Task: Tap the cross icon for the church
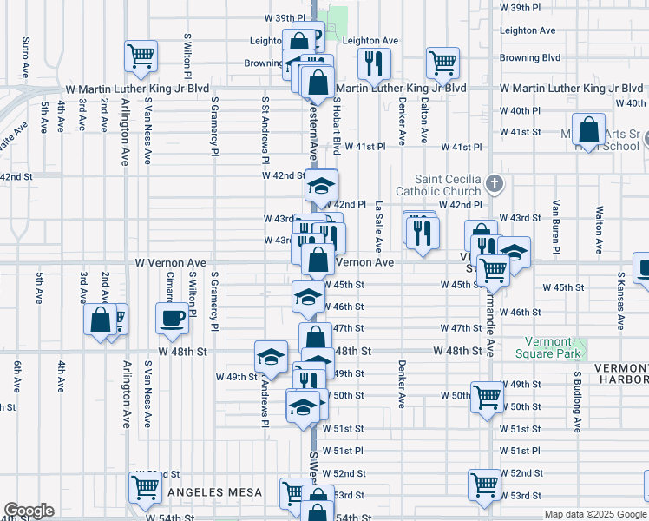pyautogui.click(x=494, y=184)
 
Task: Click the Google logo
pyautogui.click(x=29, y=511)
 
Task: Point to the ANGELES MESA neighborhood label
pyautogui.click(x=214, y=492)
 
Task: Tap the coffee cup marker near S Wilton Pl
pyautogui.click(x=171, y=318)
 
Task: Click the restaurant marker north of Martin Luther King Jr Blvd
pyautogui.click(x=375, y=62)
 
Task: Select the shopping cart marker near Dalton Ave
pyautogui.click(x=442, y=62)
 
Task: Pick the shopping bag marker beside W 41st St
pyautogui.click(x=589, y=129)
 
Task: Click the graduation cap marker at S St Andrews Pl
pyautogui.click(x=271, y=357)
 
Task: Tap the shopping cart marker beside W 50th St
pyautogui.click(x=487, y=397)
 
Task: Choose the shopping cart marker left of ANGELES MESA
pyautogui.click(x=144, y=488)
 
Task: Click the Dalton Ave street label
pyautogui.click(x=424, y=120)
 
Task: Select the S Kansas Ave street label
pyautogui.click(x=621, y=301)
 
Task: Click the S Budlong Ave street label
pyautogui.click(x=576, y=401)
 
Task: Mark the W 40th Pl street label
pyautogui.click(x=520, y=111)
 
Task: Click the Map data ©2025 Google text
pyautogui.click(x=596, y=514)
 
